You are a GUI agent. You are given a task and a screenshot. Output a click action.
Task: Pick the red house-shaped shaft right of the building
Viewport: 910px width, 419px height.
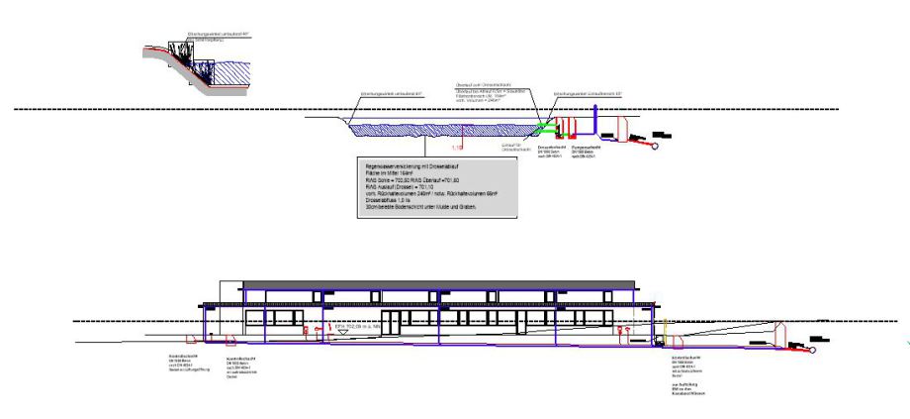tap(781, 335)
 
